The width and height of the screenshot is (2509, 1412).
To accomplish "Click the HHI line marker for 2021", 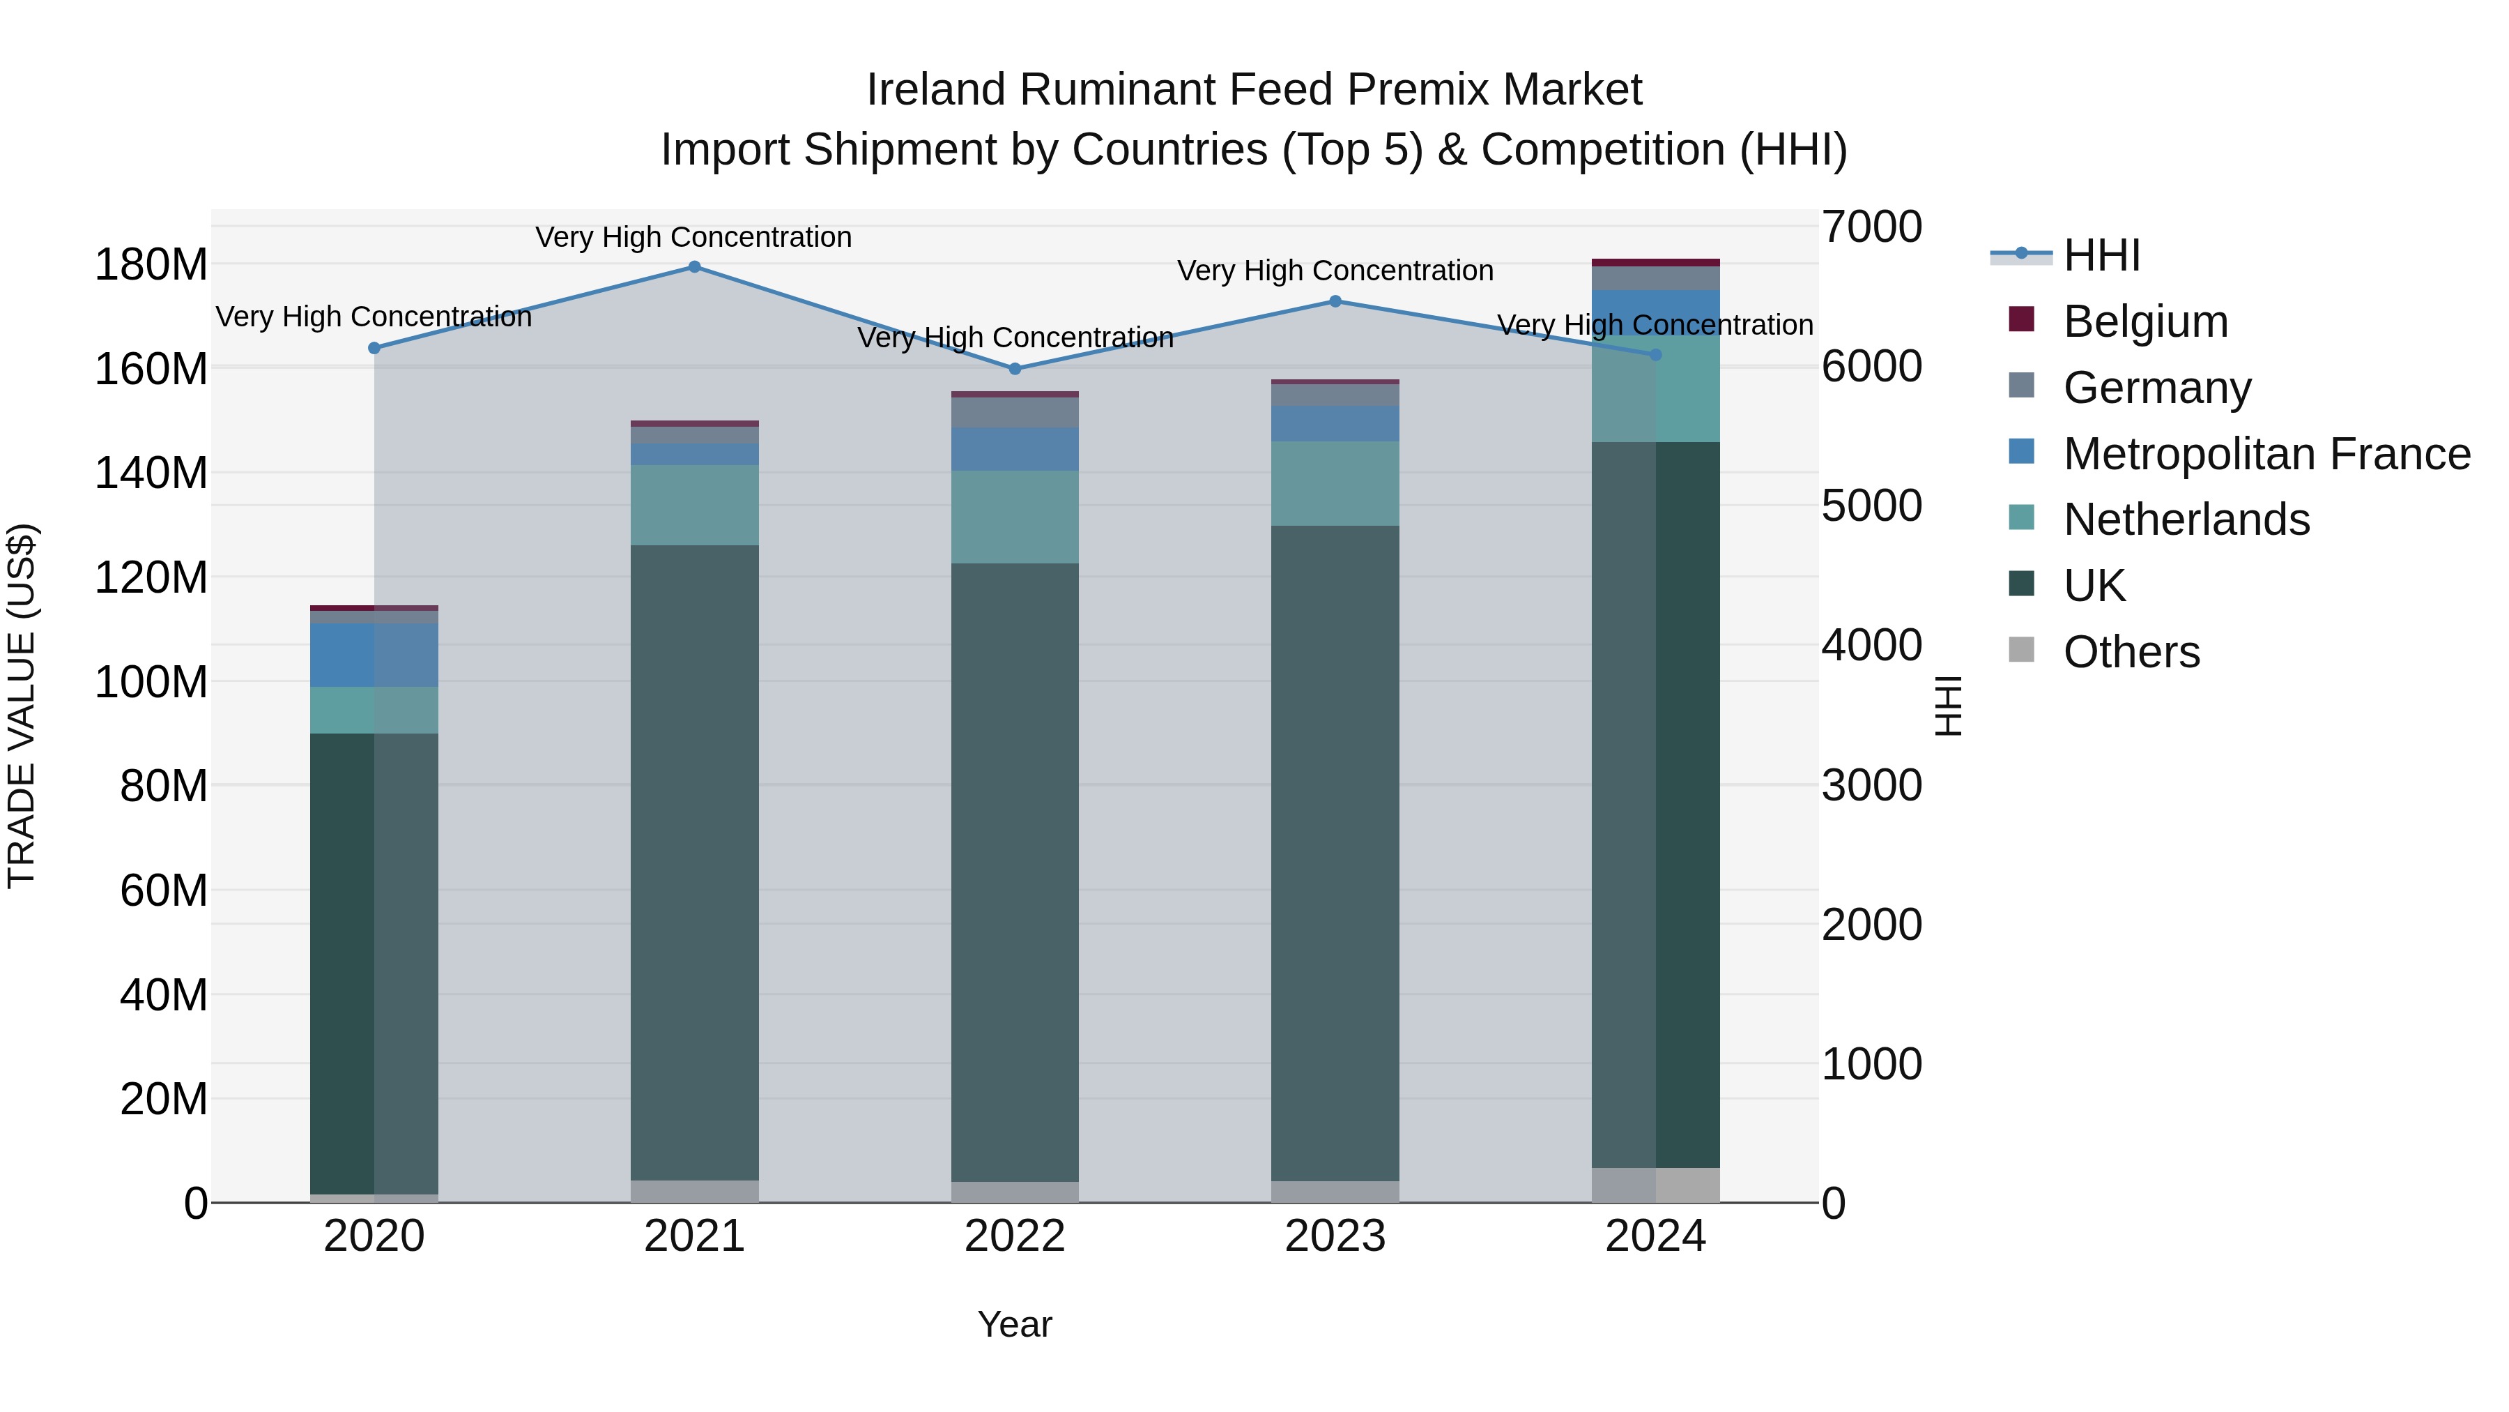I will (694, 267).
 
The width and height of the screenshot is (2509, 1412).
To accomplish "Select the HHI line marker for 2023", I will (1335, 301).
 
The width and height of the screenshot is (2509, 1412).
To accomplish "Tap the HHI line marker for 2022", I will (1015, 368).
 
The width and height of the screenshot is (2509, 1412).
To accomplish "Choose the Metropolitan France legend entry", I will (2266, 454).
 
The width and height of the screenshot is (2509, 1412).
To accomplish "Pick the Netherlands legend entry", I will (2186, 519).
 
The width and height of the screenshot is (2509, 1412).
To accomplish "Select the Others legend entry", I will (2131, 652).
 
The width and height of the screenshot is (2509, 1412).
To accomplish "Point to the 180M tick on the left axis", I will (151, 265).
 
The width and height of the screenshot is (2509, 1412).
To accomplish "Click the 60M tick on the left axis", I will (162, 890).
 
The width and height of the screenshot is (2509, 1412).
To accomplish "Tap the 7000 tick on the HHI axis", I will (1871, 227).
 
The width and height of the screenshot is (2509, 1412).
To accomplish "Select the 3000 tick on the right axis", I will (1871, 785).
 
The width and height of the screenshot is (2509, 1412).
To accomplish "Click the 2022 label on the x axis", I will (1015, 1236).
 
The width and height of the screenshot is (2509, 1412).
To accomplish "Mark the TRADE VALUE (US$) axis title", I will (22, 706).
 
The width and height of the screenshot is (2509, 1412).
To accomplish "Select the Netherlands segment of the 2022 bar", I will (1015, 517).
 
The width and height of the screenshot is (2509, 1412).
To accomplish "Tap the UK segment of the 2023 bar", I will (1335, 853).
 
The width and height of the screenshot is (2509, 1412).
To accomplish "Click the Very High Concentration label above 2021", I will (693, 238).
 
